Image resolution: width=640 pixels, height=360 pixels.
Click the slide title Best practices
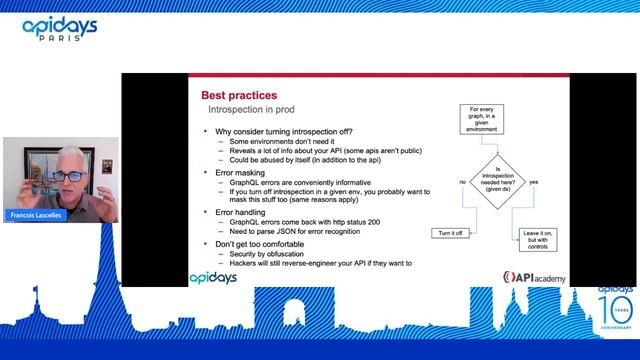238,94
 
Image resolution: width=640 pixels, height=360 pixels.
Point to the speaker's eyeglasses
67,175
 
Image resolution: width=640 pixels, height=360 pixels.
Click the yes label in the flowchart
533,182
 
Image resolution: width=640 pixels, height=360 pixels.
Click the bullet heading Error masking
246,173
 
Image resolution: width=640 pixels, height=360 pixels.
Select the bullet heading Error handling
248,212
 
